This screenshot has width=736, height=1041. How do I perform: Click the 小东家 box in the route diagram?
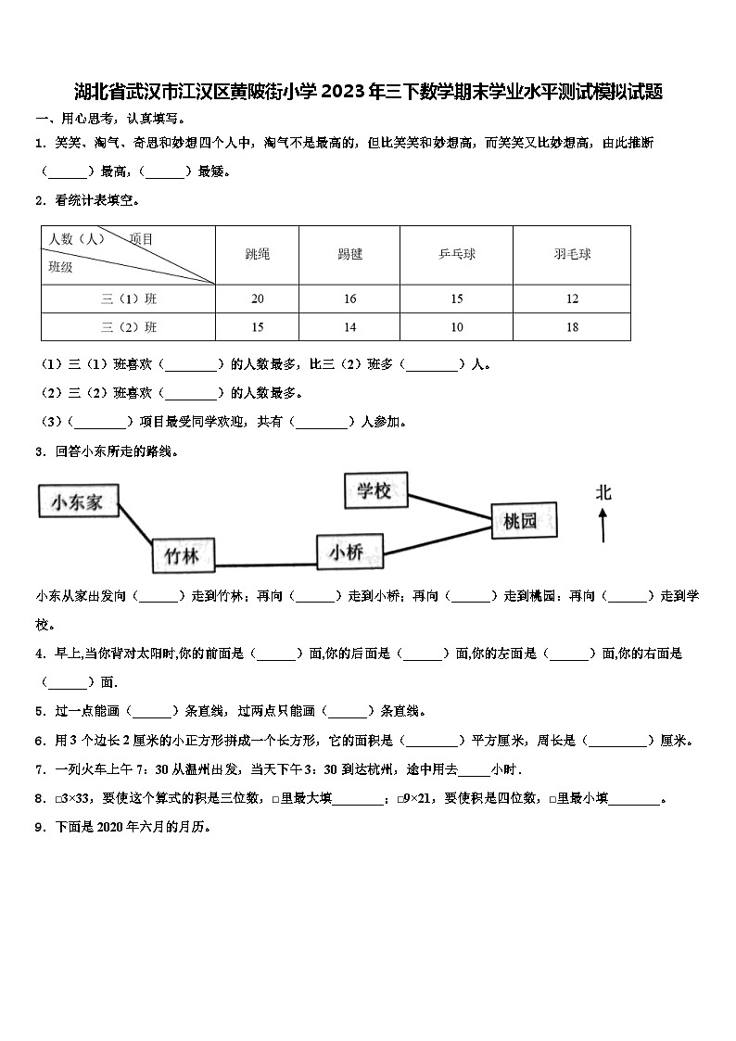(82, 502)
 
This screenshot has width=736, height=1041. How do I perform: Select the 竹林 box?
(182, 555)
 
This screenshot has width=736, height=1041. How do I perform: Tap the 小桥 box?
(346, 552)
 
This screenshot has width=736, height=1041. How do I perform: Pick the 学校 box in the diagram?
(374, 490)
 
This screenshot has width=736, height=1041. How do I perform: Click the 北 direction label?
(603, 493)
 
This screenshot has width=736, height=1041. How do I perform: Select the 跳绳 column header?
(258, 254)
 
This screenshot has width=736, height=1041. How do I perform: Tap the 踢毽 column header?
(350, 254)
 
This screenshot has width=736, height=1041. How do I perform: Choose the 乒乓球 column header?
(457, 254)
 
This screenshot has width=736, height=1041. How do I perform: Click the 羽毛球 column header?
(572, 254)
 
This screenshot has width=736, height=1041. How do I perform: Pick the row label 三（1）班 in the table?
(129, 298)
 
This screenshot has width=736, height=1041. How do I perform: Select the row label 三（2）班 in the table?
(129, 326)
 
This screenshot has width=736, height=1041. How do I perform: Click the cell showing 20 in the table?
(258, 298)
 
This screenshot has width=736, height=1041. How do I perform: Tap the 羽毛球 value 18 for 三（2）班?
(572, 326)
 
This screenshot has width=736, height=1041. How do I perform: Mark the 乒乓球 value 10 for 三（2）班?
(457, 326)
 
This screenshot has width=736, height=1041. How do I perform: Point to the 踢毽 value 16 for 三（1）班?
(350, 298)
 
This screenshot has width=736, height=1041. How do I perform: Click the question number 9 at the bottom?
(40, 828)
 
